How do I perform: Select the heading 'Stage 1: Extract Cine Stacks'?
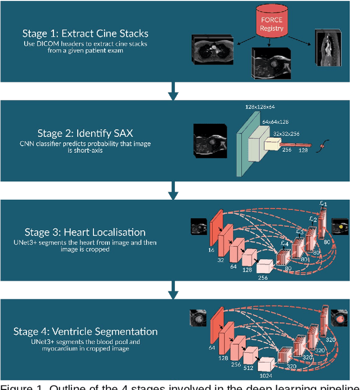tap(85, 33)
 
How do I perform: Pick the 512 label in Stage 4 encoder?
tap(248, 369)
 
